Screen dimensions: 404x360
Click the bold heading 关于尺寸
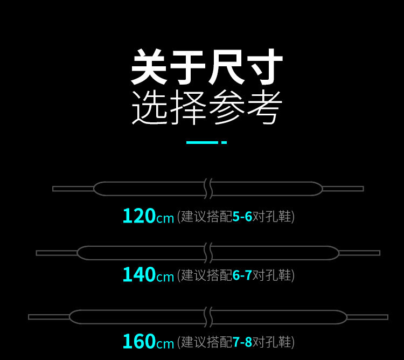point(206,67)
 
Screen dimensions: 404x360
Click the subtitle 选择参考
point(206,108)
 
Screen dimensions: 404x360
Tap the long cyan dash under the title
point(201,142)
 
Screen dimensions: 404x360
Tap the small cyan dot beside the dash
point(224,142)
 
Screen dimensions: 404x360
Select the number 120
point(139,216)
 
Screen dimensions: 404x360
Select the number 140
point(139,275)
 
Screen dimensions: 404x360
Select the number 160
point(139,342)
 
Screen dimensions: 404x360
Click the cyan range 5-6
point(242,217)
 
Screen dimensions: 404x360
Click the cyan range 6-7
point(242,275)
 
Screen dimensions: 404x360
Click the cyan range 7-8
point(242,342)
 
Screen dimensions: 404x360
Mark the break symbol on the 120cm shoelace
point(208,189)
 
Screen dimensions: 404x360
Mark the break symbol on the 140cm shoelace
point(208,253)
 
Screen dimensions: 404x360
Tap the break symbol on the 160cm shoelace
point(208,317)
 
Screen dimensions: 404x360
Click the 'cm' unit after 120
point(165,218)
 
